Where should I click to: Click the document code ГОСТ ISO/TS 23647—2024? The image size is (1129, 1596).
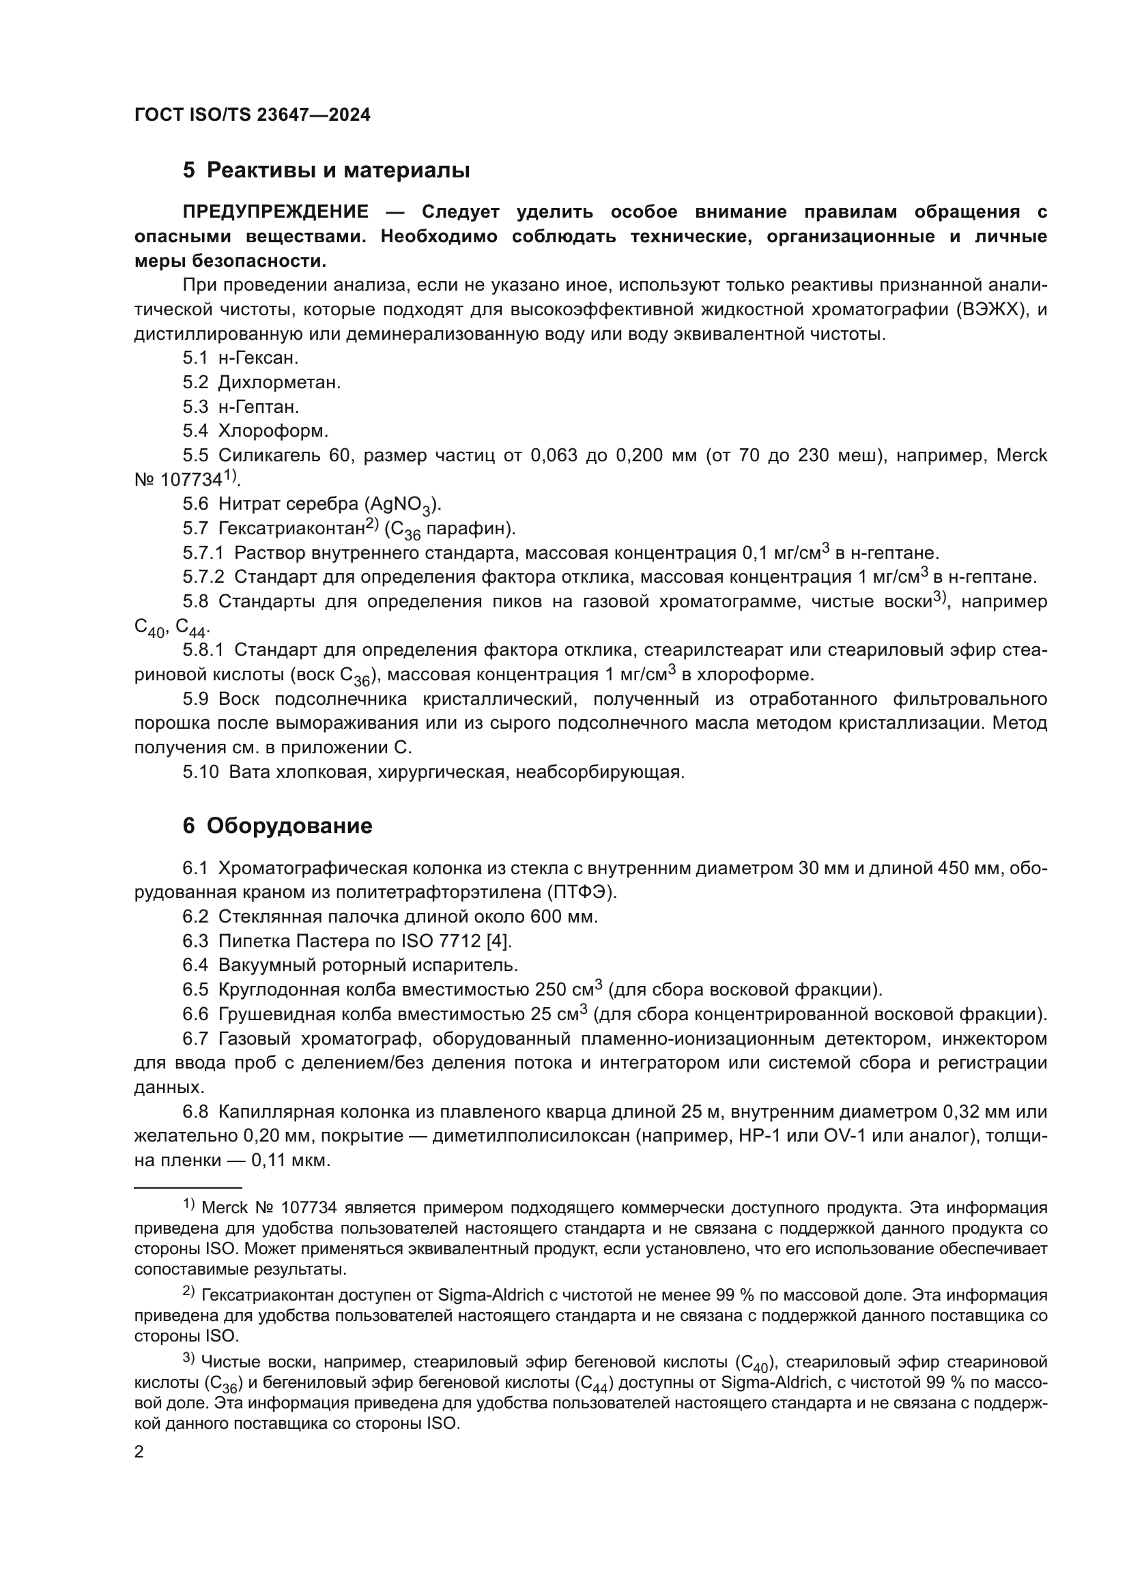click(x=253, y=115)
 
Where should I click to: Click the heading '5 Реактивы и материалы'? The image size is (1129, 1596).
click(x=326, y=171)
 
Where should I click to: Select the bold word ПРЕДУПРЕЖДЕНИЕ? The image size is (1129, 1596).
click(x=275, y=212)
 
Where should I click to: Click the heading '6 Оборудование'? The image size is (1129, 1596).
click(x=277, y=826)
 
